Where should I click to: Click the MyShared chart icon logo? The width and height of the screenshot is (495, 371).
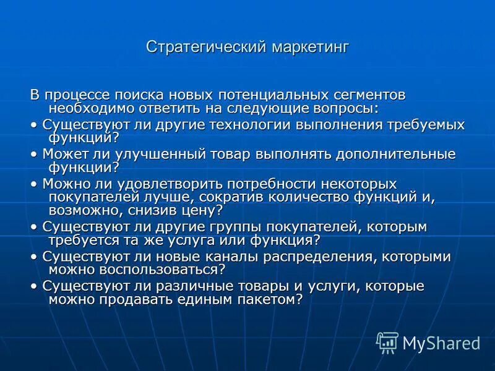[387, 341]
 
